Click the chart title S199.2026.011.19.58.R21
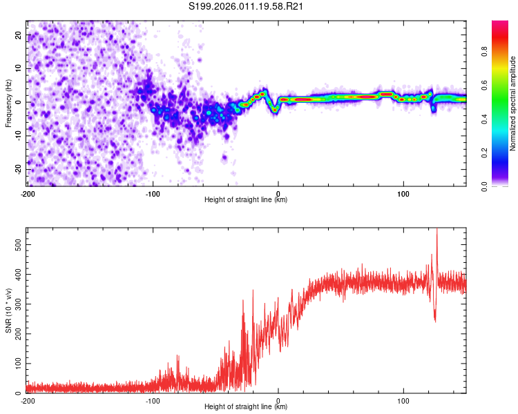click(x=247, y=6)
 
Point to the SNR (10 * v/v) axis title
click(x=9, y=310)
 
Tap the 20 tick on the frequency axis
click(x=19, y=36)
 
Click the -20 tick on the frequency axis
click(x=18, y=169)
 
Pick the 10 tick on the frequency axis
click(x=19, y=69)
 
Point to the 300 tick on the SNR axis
click(x=17, y=304)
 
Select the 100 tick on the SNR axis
click(x=17, y=363)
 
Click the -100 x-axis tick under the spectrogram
click(x=153, y=193)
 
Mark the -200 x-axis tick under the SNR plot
click(x=28, y=400)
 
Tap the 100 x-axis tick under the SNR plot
click(x=403, y=400)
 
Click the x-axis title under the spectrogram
click(x=246, y=200)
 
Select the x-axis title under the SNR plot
click(x=246, y=408)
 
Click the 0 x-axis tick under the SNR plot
click(x=278, y=400)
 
